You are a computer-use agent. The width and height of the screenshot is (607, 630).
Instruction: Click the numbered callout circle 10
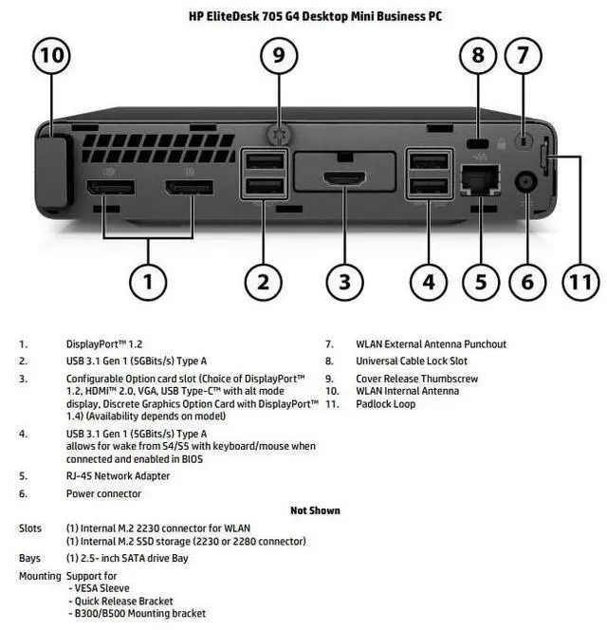point(52,55)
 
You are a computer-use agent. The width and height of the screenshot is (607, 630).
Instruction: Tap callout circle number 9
point(279,55)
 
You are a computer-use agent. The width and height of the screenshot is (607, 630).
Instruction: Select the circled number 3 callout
point(344,282)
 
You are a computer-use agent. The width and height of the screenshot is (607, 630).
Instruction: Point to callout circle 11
point(580,282)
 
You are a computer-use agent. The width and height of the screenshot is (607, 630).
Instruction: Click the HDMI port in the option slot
point(345,177)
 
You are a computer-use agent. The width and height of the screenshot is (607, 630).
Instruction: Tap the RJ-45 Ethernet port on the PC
point(481,179)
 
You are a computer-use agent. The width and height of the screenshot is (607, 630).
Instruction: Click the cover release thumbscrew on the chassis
point(279,134)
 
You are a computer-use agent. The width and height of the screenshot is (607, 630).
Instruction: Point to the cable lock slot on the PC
point(478,143)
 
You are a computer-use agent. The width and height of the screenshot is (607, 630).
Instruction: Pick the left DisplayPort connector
point(111,188)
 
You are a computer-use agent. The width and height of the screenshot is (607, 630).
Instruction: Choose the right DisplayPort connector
point(189,188)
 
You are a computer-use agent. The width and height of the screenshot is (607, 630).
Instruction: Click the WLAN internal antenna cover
point(51,173)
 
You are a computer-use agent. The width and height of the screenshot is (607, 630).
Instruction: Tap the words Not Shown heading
point(315,510)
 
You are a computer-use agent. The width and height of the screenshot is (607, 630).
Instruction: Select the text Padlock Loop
point(386,404)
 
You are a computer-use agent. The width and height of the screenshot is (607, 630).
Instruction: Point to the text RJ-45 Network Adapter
point(119,475)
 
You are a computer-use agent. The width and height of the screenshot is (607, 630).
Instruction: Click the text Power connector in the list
point(103,493)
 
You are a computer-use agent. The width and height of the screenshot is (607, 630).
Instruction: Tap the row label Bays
point(29,558)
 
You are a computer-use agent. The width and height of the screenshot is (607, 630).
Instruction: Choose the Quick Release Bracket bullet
point(120,602)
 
